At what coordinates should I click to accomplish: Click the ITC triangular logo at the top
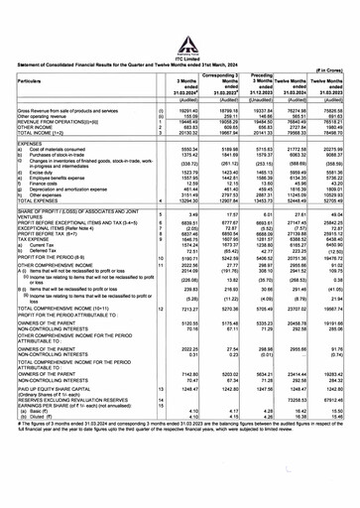[x=180, y=14]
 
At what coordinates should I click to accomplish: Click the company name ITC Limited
[x=180, y=30]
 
